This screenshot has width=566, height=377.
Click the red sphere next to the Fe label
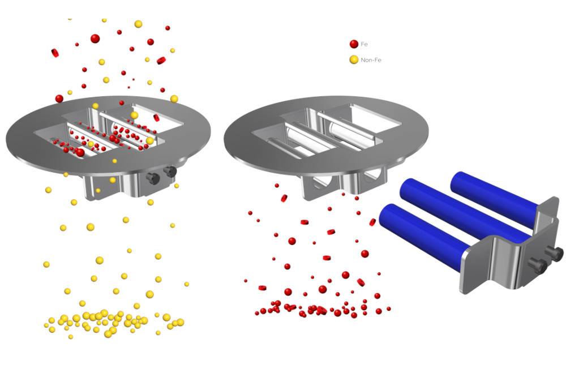click(x=354, y=44)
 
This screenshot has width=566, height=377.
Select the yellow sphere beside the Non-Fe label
click(x=354, y=59)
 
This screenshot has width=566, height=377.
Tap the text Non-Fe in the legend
click(x=371, y=60)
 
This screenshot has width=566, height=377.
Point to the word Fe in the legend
click(x=364, y=44)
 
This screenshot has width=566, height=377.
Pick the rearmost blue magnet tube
click(x=495, y=199)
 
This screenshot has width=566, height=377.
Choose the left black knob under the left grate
click(x=153, y=178)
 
